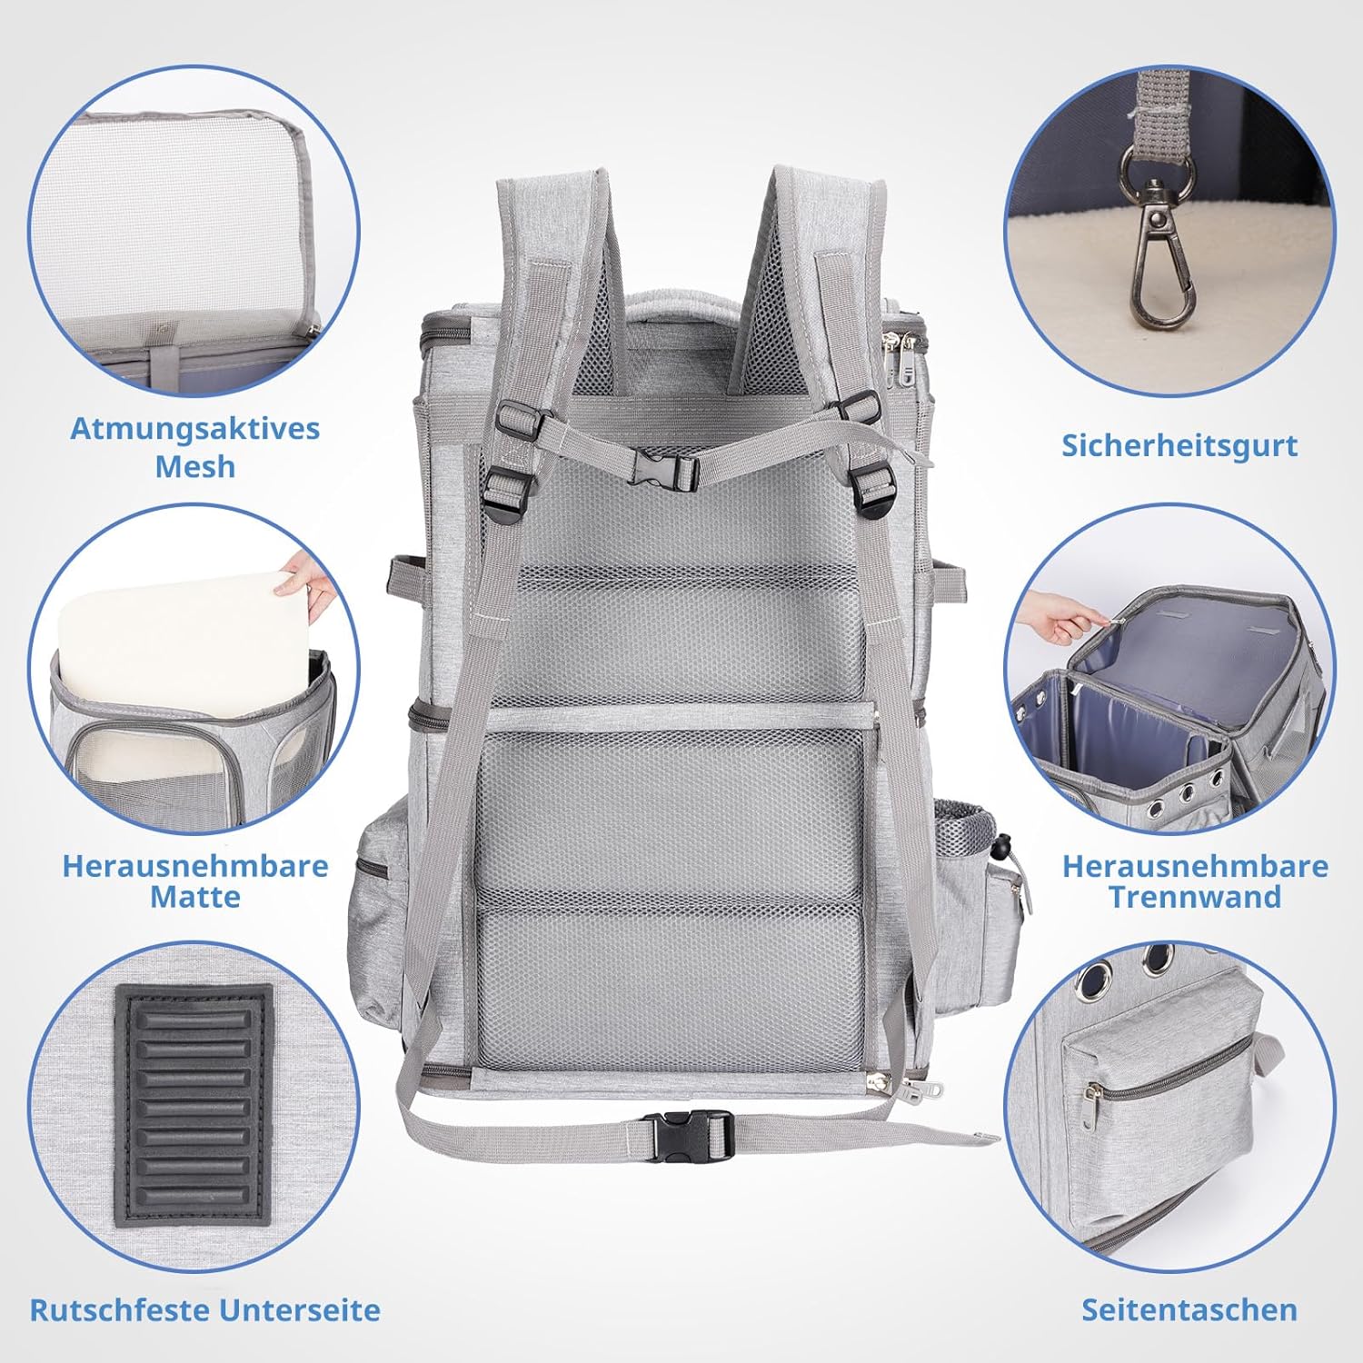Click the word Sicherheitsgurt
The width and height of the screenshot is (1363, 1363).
[x=1179, y=445]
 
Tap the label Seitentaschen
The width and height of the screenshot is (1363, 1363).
[x=1189, y=1309]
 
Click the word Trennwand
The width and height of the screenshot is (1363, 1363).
[x=1195, y=897]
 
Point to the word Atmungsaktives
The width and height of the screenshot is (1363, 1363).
[x=195, y=429]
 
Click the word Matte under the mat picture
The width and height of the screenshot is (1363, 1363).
[x=195, y=897]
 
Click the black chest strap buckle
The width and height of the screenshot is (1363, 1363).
[x=664, y=469]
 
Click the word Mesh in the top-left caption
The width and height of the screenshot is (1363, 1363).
[x=195, y=467]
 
